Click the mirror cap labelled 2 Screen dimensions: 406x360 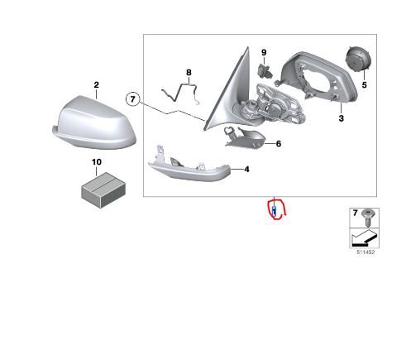93,122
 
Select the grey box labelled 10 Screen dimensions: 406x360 103,190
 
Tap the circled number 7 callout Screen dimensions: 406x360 133,98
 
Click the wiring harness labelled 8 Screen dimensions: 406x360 180,94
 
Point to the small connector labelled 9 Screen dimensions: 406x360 265,70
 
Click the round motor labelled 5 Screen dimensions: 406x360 358,60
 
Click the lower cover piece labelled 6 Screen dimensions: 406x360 245,137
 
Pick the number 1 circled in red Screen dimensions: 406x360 275,212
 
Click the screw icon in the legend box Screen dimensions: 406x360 367,217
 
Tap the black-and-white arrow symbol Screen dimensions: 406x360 364,238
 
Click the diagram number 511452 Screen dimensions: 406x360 365,252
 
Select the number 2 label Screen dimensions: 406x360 96,85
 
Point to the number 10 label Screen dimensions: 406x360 97,162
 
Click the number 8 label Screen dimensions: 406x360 189,73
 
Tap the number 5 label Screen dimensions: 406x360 365,85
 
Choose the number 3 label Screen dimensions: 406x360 342,118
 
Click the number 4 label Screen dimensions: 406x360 246,170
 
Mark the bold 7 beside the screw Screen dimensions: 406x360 356,213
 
